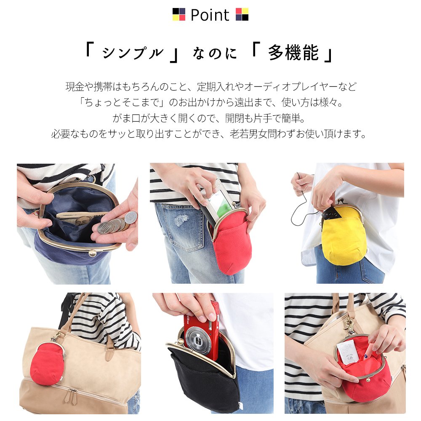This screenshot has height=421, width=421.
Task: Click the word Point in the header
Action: coord(210,15)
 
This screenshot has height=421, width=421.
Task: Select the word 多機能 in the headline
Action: coord(293,53)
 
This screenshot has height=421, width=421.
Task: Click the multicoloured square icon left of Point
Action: coord(179,14)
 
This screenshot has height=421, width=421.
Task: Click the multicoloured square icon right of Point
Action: coord(242,14)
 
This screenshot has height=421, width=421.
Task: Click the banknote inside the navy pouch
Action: coord(80,219)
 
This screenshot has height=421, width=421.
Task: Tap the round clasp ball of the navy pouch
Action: coord(93,253)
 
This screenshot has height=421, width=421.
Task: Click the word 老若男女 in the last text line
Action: coord(248,134)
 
